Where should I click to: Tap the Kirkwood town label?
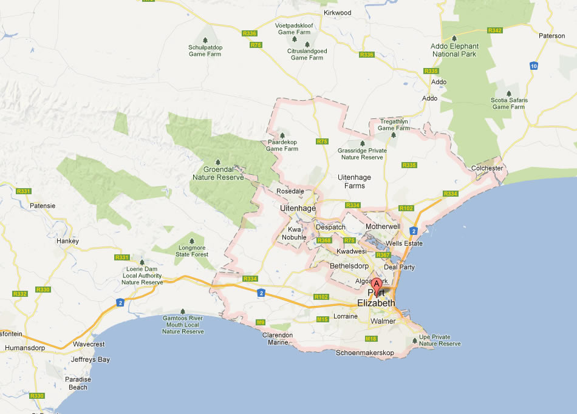pos(338,12)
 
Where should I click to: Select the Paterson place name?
pos(551,36)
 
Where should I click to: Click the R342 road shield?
pos(495,30)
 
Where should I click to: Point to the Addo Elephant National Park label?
pos(454,50)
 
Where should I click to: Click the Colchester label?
pos(487,168)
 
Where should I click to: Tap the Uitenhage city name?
pos(298,208)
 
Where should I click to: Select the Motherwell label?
pos(383,226)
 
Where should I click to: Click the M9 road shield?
pos(261,322)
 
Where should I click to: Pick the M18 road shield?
pos(371,338)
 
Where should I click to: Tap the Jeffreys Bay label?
pos(90,359)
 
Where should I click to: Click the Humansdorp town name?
pos(25,348)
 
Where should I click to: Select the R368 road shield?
pos(325,240)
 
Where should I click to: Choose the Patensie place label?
pos(43,205)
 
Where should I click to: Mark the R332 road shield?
pos(19,294)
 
